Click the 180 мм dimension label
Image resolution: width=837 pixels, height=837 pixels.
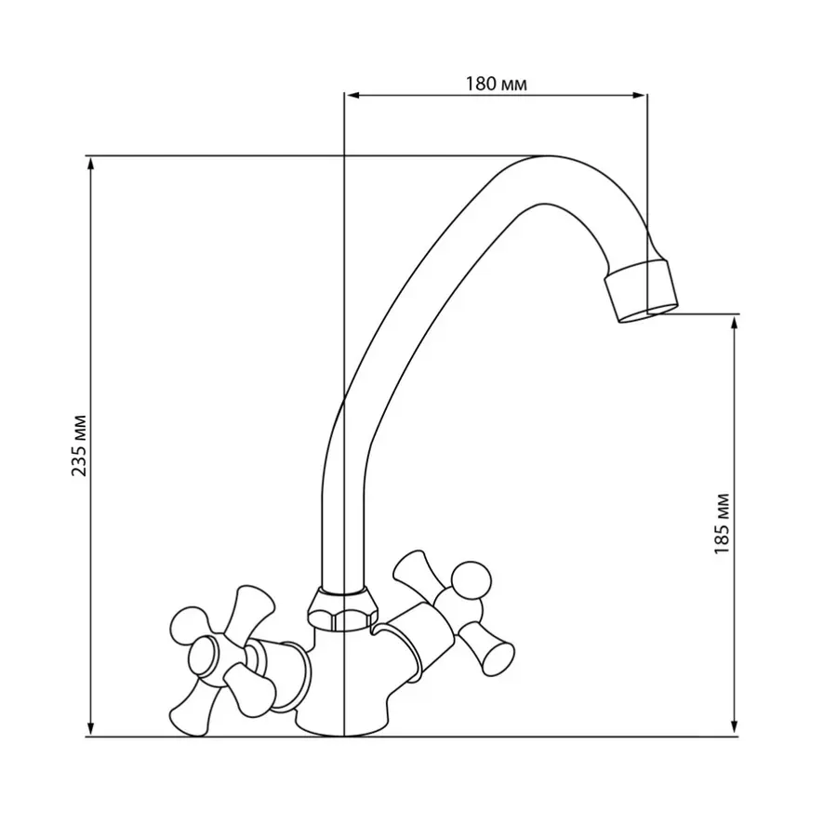[496, 84]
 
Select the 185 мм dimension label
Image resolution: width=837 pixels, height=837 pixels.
[723, 525]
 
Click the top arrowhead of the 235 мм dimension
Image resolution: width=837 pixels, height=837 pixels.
[91, 163]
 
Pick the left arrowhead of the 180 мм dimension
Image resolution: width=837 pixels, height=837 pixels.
[352, 94]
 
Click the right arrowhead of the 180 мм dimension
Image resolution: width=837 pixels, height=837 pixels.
[639, 94]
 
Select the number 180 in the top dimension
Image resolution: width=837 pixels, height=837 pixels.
[481, 84]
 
